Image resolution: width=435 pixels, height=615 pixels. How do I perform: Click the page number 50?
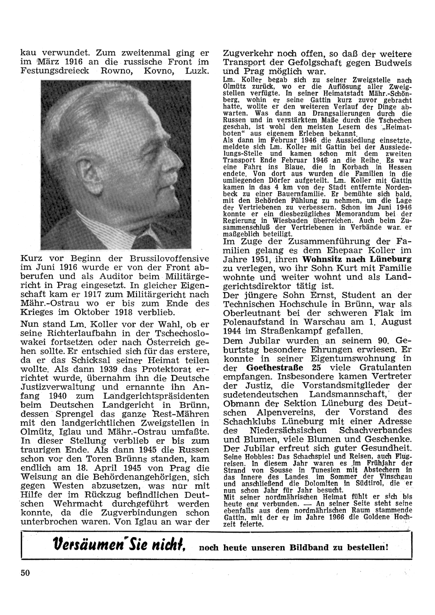tap(25, 572)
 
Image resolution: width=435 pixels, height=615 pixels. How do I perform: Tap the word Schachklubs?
tap(249, 421)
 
